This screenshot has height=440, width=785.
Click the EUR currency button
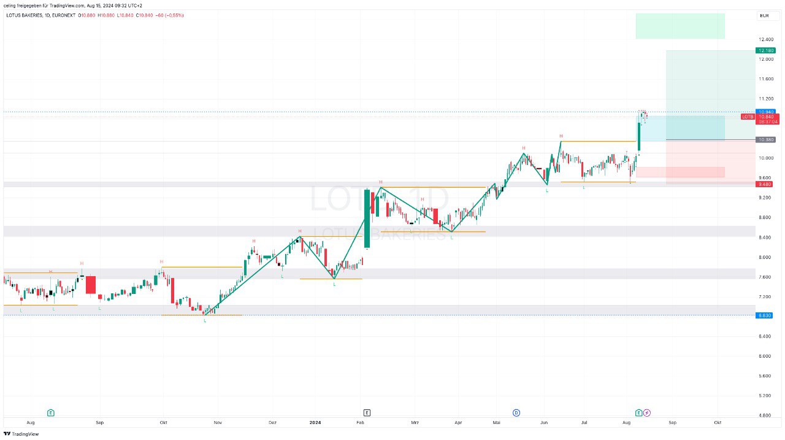[764, 16]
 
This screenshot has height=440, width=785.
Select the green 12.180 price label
[766, 50]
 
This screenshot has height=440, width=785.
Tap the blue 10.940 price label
[766, 112]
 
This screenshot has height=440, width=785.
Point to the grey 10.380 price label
[766, 140]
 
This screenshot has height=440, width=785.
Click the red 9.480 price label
[765, 184]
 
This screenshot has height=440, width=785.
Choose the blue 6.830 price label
[764, 315]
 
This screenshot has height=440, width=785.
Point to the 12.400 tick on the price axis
[765, 39]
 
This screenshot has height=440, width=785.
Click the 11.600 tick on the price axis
[765, 79]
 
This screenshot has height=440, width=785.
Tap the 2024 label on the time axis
[315, 422]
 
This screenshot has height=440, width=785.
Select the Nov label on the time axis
[217, 422]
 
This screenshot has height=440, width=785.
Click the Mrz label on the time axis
[415, 422]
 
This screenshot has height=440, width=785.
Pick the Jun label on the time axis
[544, 422]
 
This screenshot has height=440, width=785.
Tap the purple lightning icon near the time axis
[646, 413]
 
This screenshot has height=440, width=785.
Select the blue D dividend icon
[516, 413]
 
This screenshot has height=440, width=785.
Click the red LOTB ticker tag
[748, 117]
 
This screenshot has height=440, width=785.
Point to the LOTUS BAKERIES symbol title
[25, 15]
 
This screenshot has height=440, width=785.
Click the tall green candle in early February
[367, 218]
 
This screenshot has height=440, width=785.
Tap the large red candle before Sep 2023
[90, 285]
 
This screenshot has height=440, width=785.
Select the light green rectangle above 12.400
[680, 26]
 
